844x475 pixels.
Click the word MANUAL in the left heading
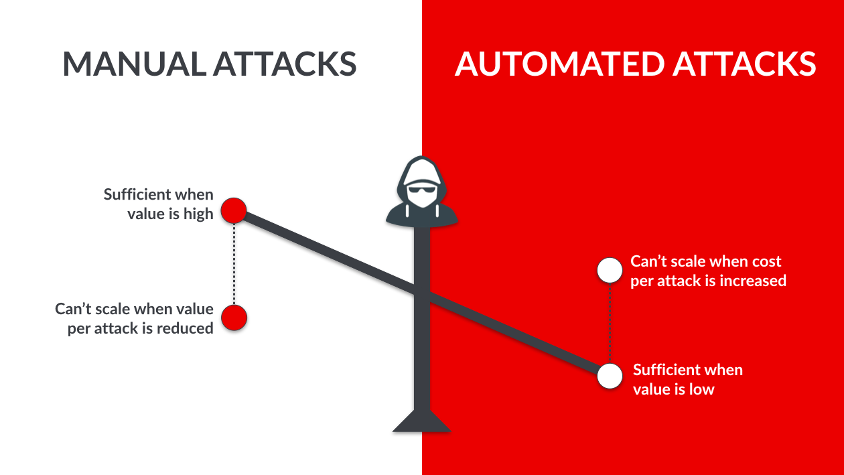134,64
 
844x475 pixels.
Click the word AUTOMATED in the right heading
559,64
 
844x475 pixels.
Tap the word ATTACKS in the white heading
744,64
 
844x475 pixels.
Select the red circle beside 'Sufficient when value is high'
234,210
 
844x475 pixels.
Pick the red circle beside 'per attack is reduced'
234,318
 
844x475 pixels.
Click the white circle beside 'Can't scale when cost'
610,270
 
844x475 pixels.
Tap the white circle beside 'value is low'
610,376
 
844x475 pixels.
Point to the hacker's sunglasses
422,189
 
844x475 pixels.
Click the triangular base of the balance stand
421,421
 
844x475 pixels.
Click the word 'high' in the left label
198,214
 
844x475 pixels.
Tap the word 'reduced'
185,328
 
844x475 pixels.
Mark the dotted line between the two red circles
234,264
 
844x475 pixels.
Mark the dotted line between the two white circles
610,323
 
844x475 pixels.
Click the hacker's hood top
421,161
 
